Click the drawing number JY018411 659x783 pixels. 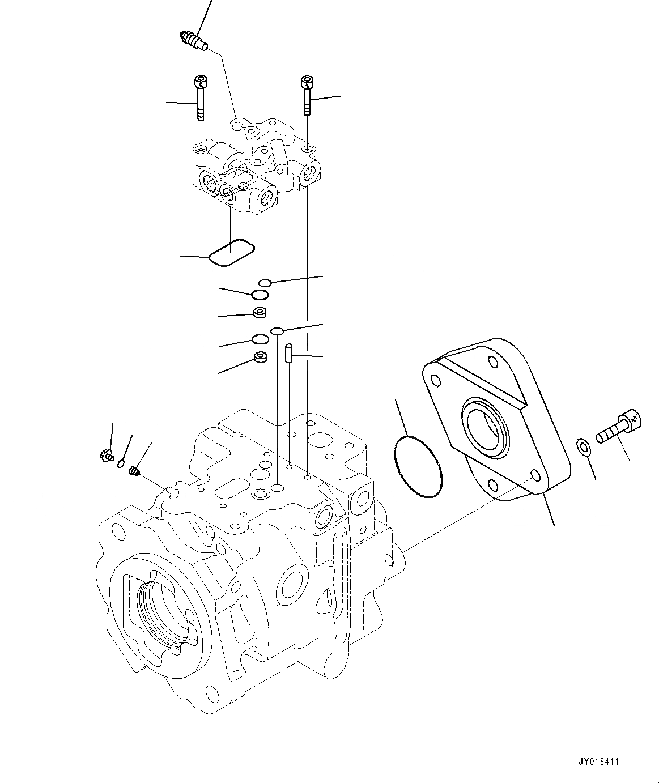click(x=600, y=761)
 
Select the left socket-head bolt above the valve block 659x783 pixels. click(x=199, y=97)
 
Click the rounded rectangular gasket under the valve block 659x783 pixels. click(x=231, y=252)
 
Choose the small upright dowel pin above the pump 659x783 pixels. click(x=289, y=354)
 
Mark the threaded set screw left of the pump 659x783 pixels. click(x=134, y=470)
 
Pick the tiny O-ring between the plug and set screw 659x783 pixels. click(x=121, y=464)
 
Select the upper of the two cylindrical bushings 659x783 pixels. click(x=260, y=312)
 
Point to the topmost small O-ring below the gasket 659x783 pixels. click(x=265, y=282)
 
